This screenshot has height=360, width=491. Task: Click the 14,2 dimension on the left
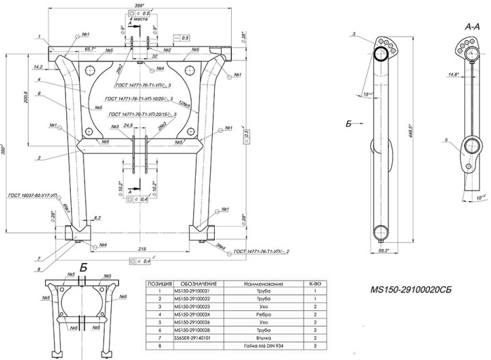coord(38,67)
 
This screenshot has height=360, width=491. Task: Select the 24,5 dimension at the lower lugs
coord(129,127)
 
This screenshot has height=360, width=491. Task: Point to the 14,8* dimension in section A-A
coord(451,75)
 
